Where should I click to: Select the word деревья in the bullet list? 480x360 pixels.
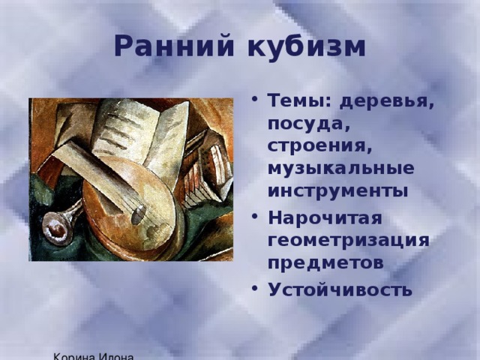pos(386,102)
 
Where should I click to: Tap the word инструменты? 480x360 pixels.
pos(337,190)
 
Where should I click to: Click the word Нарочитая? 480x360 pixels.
pos(324,217)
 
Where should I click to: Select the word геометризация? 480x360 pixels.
pos(347,240)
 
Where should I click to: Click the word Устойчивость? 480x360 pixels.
pos(338,289)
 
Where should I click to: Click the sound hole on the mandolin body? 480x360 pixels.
pos(137,215)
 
